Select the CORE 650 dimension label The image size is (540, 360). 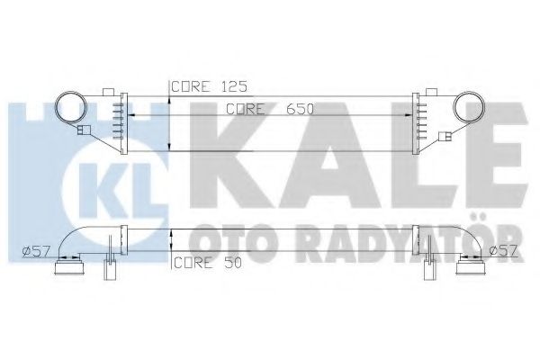pos(268,110)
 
